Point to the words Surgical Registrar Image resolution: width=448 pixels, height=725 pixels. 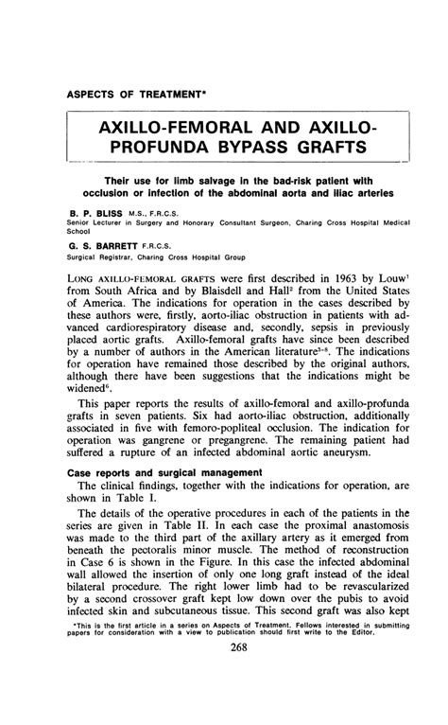coord(104,256)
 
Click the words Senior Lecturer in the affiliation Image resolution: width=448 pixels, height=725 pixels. coord(98,224)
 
